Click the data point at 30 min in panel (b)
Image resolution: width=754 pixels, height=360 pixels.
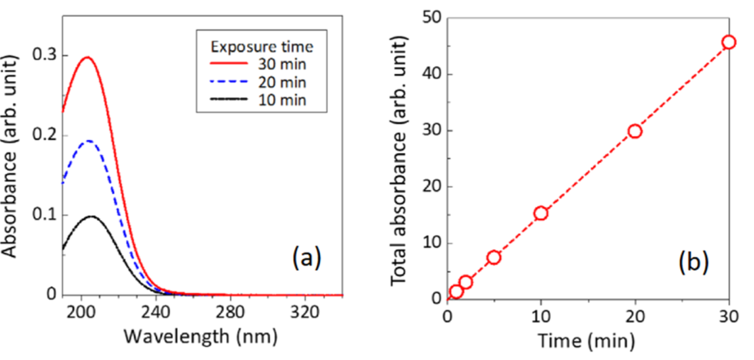(x=729, y=42)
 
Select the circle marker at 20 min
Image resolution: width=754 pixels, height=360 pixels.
(x=635, y=131)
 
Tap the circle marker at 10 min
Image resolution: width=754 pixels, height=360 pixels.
(x=541, y=213)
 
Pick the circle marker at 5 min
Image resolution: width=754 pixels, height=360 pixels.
(x=494, y=257)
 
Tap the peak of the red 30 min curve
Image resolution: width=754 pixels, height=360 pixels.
(x=87, y=57)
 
